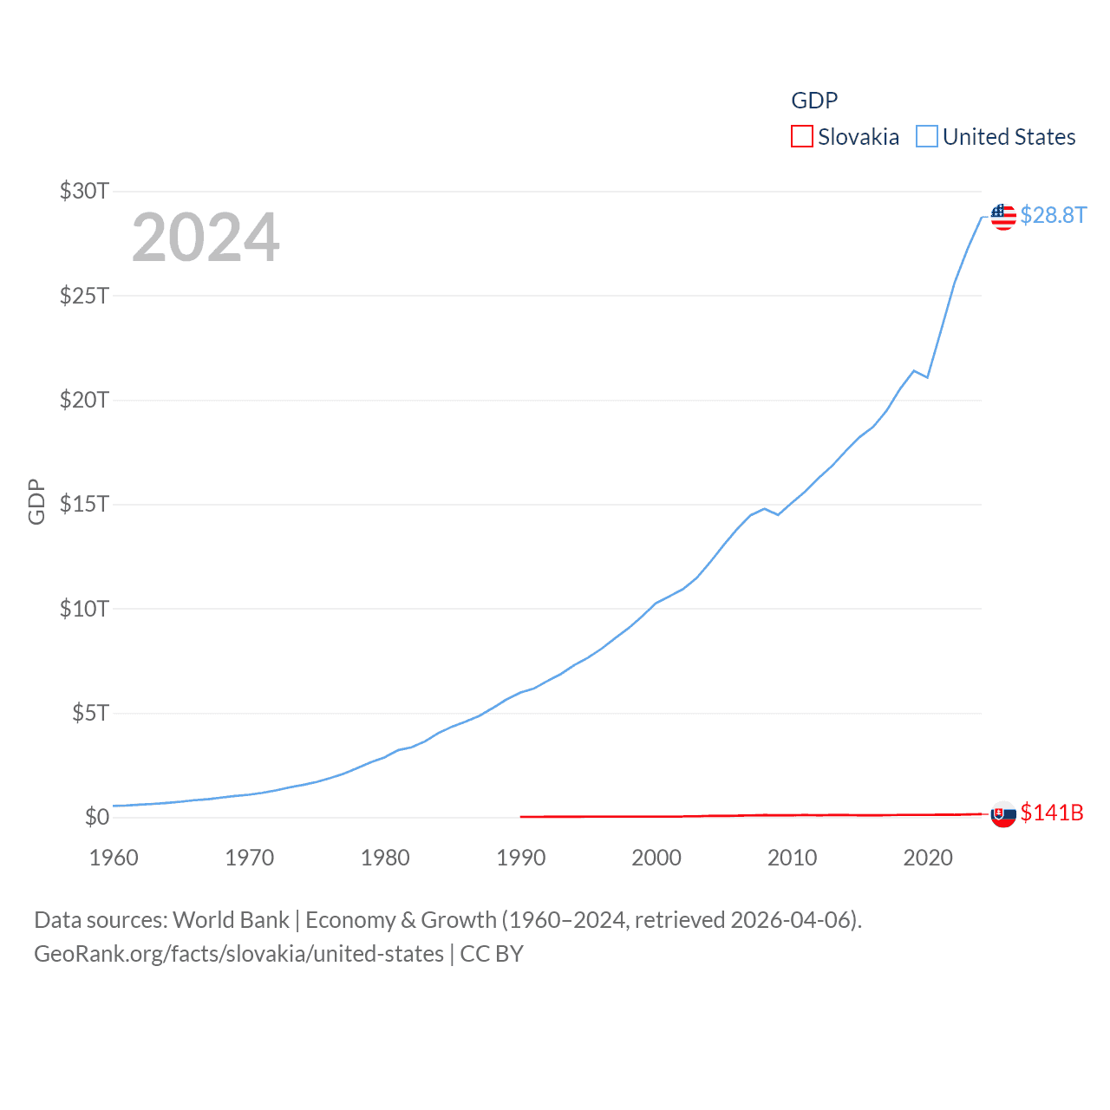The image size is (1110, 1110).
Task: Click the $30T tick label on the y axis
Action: [84, 191]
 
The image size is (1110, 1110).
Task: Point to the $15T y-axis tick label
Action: [84, 504]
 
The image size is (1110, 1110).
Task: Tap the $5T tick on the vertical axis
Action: [90, 713]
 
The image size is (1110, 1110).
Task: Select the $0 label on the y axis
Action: [97, 817]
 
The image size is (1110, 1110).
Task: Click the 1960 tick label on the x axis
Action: [114, 858]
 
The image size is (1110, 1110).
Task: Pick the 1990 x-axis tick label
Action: [521, 858]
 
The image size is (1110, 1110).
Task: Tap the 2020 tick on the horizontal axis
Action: [928, 858]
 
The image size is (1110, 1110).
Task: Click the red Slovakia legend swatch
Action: [802, 137]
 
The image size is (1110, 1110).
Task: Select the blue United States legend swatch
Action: [927, 137]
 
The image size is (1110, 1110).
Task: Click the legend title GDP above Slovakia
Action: [814, 101]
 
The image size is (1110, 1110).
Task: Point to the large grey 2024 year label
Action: [206, 238]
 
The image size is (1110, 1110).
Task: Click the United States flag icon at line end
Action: [1003, 217]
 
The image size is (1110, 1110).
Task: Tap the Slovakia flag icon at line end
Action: [1003, 814]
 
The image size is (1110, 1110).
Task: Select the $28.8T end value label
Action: [1053, 215]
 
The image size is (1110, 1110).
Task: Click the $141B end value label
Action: [1052, 813]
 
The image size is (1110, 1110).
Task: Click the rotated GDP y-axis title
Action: [36, 501]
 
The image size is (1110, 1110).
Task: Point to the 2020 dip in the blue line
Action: [928, 377]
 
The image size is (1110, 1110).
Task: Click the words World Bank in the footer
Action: [231, 920]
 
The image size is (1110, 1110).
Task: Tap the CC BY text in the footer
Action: [492, 954]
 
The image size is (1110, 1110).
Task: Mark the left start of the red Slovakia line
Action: [521, 816]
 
